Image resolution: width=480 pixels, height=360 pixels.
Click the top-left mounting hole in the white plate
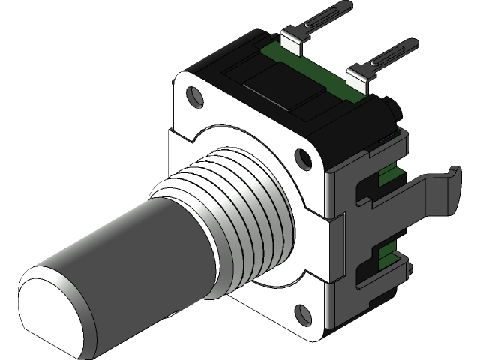tap(196, 96)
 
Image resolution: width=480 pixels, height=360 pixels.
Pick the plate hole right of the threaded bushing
tap(303, 158)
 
